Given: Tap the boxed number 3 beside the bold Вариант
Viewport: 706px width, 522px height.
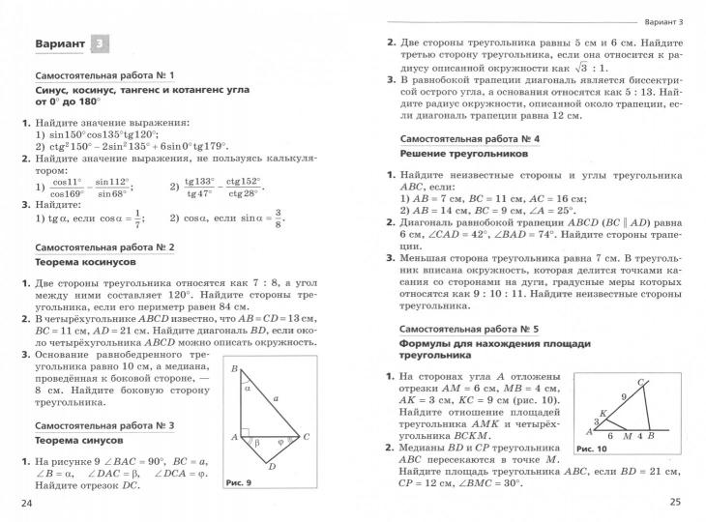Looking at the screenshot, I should pyautogui.click(x=101, y=44).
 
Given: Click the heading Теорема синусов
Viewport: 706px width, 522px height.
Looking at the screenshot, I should pyautogui.click(x=77, y=438).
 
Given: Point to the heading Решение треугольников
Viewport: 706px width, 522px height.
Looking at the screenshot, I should pyautogui.click(x=463, y=154).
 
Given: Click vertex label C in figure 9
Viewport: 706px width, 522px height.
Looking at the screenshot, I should pyautogui.click(x=307, y=437).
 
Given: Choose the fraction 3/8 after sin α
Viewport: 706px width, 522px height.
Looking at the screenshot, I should pyautogui.click(x=277, y=219).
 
